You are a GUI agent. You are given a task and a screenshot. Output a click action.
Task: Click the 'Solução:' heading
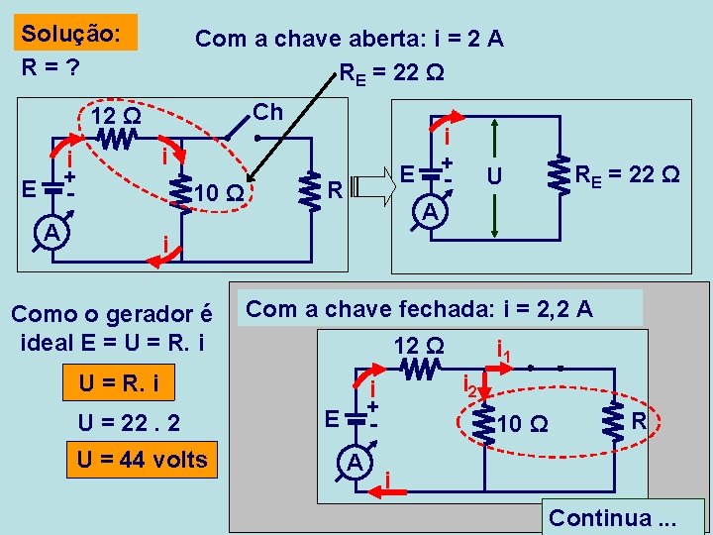tap(71, 33)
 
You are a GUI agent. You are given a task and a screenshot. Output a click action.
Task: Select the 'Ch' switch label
tap(267, 112)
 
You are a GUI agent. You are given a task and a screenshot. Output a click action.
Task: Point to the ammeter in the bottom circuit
tap(354, 462)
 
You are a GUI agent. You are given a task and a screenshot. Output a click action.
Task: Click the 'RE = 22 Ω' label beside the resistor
tap(628, 174)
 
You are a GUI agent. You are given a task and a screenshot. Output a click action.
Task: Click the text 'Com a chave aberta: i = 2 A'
tap(349, 39)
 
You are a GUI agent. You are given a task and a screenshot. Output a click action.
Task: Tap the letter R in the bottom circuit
tap(639, 421)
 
